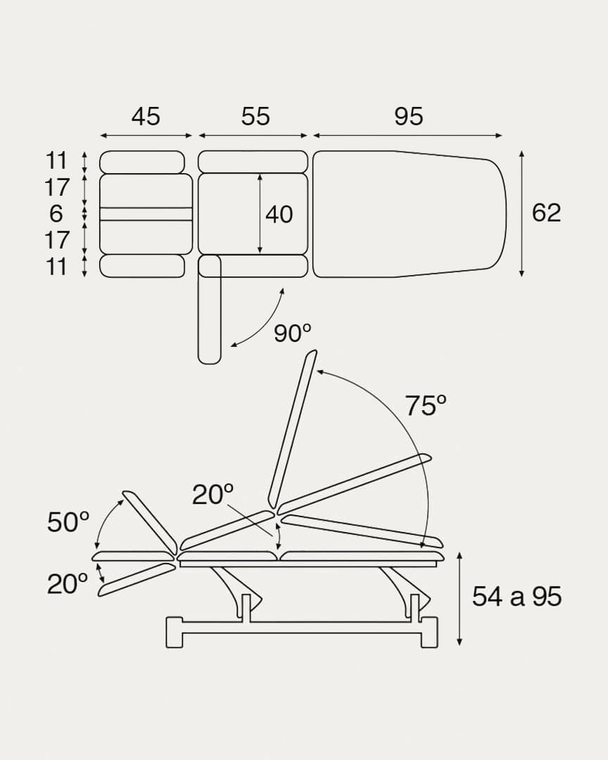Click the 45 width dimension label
[146, 116]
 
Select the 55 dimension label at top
[255, 116]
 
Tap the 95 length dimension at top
[409, 116]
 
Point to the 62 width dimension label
[547, 213]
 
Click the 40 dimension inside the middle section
[279, 215]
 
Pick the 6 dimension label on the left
[56, 213]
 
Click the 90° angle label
[293, 334]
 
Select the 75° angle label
[426, 406]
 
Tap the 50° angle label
[68, 523]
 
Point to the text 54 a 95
[517, 597]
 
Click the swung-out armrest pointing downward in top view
[210, 313]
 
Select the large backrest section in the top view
[408, 214]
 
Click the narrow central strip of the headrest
[146, 214]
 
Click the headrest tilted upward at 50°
[150, 521]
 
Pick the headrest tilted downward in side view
[136, 580]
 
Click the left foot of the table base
[175, 631]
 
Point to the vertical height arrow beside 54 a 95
[460, 598]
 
